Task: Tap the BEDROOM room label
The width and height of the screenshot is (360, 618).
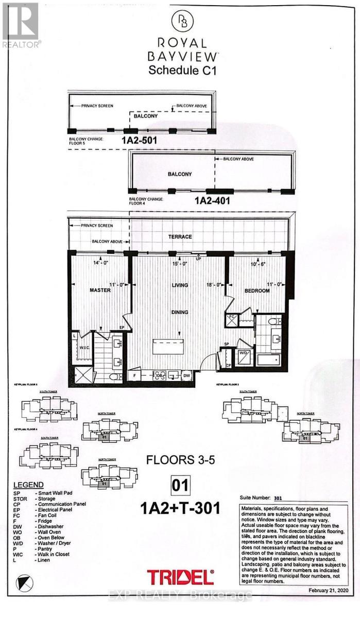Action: pyautogui.click(x=257, y=290)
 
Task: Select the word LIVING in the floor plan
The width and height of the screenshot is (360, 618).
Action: pyautogui.click(x=180, y=285)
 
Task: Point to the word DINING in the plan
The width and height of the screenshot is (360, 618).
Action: pyautogui.click(x=180, y=312)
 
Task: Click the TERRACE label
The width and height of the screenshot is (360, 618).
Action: pyautogui.click(x=180, y=236)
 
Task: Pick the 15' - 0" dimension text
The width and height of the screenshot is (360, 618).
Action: pyautogui.click(x=180, y=264)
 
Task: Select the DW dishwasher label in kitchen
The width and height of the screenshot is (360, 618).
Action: pyautogui.click(x=186, y=377)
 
